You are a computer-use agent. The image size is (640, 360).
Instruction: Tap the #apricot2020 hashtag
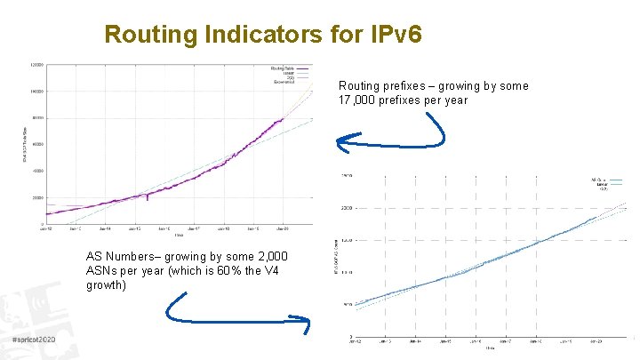pyautogui.click(x=35, y=341)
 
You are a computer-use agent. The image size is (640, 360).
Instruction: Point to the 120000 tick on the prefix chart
pyautogui.click(x=37, y=65)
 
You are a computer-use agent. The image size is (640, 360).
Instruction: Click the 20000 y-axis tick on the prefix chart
pyautogui.click(x=37, y=196)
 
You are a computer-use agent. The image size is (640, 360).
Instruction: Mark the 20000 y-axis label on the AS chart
pyautogui.click(x=347, y=208)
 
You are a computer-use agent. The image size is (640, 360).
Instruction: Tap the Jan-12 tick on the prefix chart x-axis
pyautogui.click(x=45, y=228)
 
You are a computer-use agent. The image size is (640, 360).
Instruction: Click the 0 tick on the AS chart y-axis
pyautogui.click(x=349, y=335)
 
